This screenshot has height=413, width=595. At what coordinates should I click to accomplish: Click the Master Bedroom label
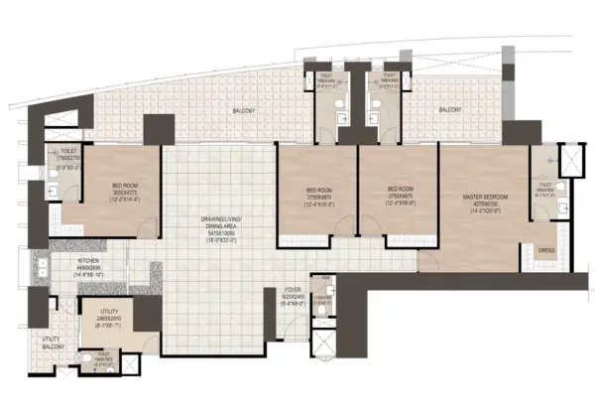486,198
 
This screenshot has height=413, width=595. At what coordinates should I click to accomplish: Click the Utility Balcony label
52,343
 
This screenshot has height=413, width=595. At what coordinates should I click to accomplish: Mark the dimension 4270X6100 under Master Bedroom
486,205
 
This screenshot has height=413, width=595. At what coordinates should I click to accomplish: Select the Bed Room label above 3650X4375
125,186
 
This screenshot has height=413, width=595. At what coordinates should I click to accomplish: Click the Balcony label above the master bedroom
449,109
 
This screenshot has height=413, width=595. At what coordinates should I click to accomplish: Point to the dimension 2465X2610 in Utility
110,318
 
